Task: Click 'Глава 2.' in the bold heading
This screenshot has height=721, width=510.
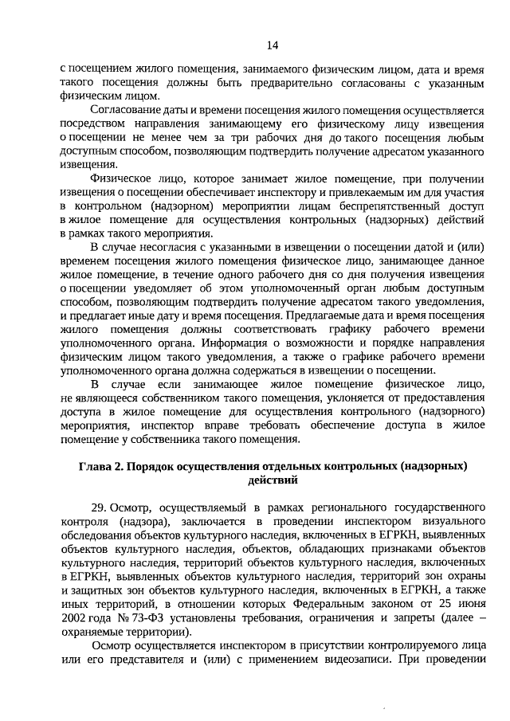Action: tap(101, 465)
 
